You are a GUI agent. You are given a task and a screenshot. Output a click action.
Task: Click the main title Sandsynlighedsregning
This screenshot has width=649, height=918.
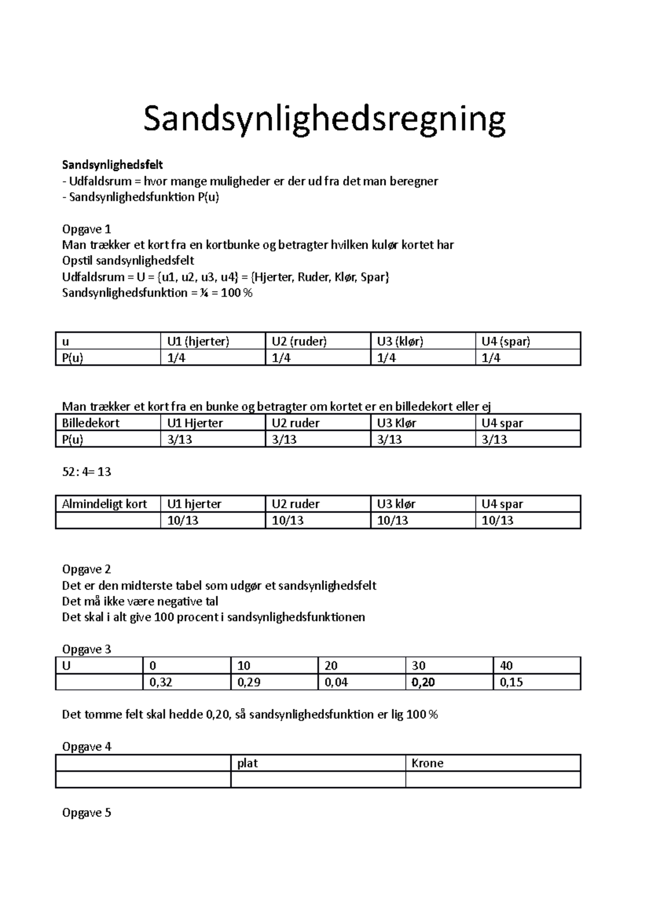[324, 120]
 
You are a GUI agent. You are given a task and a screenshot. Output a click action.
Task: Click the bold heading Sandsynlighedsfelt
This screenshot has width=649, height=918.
[112, 164]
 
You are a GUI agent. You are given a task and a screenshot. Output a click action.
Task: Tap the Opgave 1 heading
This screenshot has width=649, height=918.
[87, 229]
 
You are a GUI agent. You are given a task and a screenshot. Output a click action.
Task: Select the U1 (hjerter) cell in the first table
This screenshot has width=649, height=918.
[198, 342]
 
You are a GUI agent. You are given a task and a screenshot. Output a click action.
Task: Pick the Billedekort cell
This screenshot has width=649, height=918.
[91, 423]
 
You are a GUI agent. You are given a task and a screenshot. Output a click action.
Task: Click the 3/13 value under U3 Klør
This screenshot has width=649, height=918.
[389, 440]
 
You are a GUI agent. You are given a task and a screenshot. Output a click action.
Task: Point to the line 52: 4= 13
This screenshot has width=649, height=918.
[87, 472]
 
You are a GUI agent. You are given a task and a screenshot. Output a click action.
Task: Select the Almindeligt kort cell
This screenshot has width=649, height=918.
[104, 504]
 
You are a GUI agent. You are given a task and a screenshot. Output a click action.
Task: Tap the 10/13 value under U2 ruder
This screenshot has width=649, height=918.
[288, 521]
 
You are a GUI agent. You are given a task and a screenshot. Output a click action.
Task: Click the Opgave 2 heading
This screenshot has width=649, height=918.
[87, 569]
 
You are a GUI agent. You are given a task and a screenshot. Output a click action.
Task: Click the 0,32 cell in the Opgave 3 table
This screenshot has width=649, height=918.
[161, 683]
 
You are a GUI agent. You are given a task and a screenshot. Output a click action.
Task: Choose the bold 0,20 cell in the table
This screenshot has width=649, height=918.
[423, 683]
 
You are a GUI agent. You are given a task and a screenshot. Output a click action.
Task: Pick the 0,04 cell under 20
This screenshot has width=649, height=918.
[336, 683]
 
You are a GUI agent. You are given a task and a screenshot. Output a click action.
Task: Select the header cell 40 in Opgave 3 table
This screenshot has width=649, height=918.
[506, 666]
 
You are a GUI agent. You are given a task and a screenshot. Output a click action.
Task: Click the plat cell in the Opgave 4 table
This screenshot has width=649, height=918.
[248, 763]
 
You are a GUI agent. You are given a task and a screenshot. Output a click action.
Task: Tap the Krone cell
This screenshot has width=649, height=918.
[427, 763]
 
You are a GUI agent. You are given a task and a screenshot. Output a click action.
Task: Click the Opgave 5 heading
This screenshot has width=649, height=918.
[87, 813]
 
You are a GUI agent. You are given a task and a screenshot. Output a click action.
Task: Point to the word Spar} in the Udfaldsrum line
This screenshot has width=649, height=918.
[375, 277]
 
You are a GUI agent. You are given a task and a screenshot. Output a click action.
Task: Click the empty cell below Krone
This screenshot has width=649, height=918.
[492, 780]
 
